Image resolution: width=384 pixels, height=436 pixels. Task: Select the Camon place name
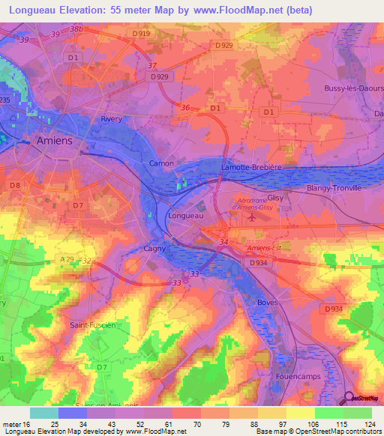coord(161,163)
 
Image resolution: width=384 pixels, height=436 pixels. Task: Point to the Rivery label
coord(111,119)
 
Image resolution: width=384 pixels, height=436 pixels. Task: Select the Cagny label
coord(154,248)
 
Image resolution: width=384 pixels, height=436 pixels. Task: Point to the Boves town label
coord(268,302)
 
